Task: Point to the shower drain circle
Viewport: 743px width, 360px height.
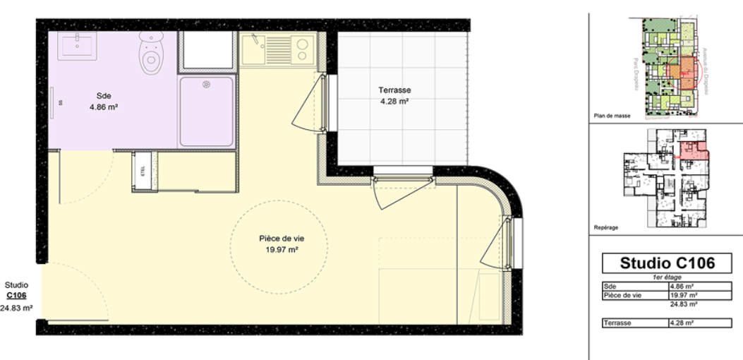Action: point(207,85)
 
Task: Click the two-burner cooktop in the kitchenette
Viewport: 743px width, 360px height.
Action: point(301,49)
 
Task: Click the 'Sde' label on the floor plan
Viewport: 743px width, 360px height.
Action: point(104,96)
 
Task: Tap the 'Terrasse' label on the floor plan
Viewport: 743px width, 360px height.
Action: point(394,90)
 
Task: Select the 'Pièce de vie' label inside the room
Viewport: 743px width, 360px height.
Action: point(282,239)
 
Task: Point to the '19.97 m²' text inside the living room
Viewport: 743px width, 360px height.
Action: point(282,249)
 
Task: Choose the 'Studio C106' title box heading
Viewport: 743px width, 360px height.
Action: point(667,264)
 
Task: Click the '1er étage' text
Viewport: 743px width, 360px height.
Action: point(667,277)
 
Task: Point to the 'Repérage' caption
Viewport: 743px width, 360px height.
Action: point(607,227)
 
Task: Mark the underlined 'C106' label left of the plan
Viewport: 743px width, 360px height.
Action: point(16,296)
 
